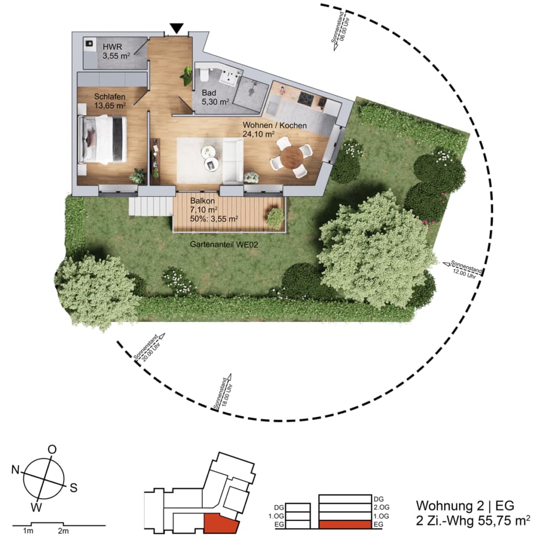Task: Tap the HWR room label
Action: [113, 47]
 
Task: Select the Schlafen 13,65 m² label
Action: [110, 101]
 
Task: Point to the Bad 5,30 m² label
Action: [215, 97]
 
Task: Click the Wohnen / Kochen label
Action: [275, 125]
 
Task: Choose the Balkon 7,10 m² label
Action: [204, 205]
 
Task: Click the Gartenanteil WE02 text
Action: [224, 244]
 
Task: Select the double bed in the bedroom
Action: [103, 139]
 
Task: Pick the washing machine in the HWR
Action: [90, 44]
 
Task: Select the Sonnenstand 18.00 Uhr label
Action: [223, 392]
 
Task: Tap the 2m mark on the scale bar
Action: [63, 531]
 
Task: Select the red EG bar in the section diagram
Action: [345, 524]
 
